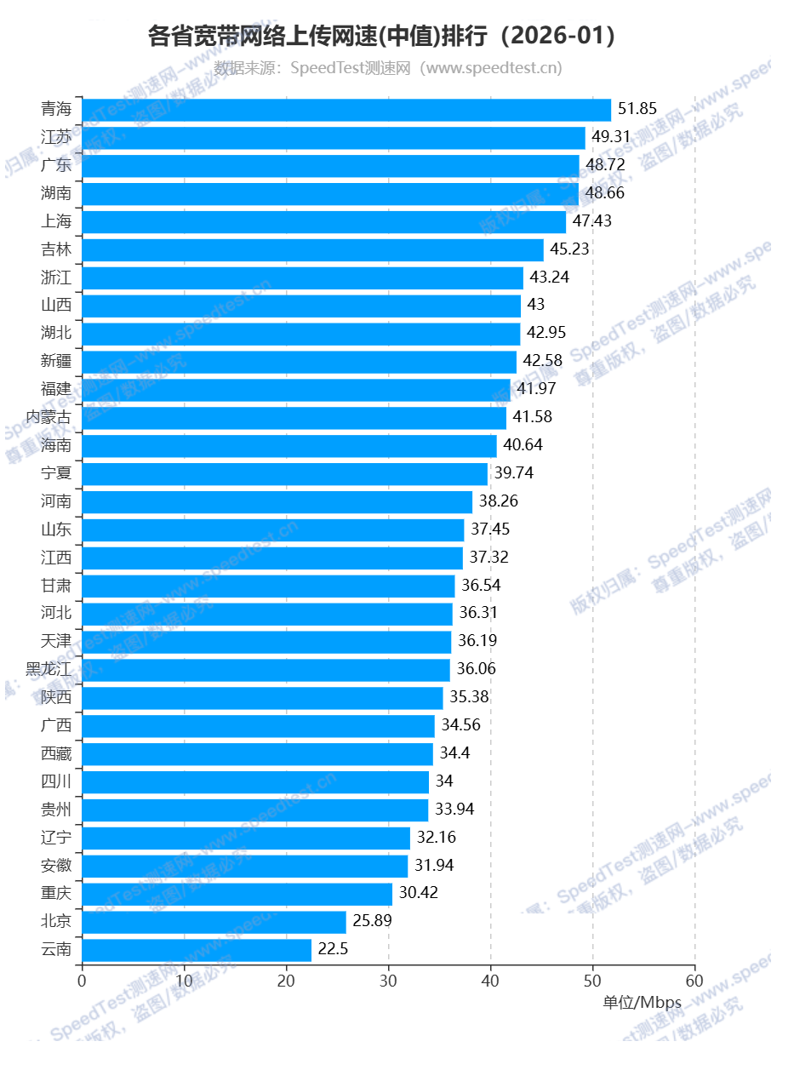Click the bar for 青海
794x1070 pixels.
(346, 110)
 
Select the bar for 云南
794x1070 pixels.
(197, 950)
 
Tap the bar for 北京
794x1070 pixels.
(214, 922)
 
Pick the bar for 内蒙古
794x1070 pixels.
(294, 418)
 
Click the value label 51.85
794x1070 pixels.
(637, 109)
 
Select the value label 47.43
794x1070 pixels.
(592, 221)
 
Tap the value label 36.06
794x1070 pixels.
(477, 669)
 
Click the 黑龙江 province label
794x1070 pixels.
(49, 670)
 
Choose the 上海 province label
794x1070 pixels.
(56, 221)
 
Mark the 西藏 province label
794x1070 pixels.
(56, 753)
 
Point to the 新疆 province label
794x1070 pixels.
(56, 362)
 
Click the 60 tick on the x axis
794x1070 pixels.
(695, 980)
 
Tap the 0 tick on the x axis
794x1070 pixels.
(82, 980)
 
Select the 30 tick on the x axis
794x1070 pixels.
(389, 980)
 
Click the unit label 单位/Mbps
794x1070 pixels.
(643, 1003)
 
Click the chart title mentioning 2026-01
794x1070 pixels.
(381, 36)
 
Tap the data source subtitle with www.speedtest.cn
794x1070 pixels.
(388, 68)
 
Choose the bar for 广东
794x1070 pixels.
(330, 166)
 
